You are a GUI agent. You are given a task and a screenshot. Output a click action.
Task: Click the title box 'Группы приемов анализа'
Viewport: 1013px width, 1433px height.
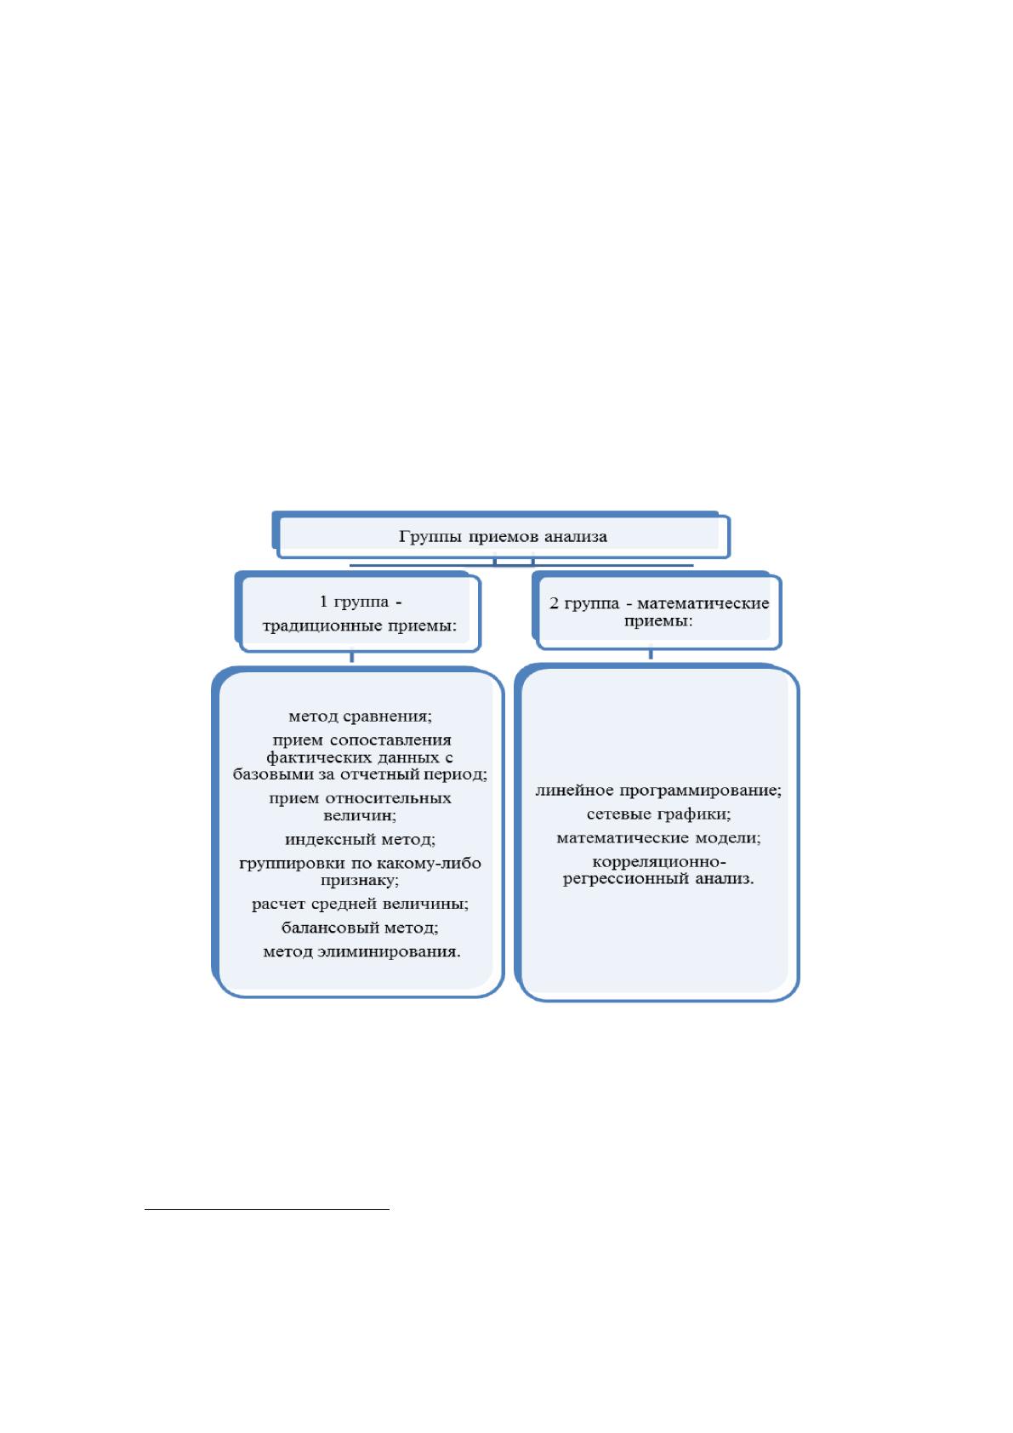(x=501, y=534)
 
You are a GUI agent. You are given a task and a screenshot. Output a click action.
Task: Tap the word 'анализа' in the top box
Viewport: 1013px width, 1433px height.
(x=576, y=536)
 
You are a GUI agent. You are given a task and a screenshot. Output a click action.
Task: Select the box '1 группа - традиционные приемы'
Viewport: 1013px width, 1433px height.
(x=358, y=612)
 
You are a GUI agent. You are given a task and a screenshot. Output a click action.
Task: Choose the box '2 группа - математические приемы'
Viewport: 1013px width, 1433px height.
(x=657, y=611)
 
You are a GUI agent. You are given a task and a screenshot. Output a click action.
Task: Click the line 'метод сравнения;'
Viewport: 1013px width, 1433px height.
(x=360, y=716)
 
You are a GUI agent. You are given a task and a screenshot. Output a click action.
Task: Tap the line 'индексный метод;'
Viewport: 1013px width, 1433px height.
(x=360, y=839)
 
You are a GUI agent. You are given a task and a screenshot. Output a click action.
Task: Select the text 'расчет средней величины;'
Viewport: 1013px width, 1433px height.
(x=360, y=904)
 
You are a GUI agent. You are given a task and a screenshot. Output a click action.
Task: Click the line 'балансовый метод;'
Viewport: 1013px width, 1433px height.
(x=360, y=928)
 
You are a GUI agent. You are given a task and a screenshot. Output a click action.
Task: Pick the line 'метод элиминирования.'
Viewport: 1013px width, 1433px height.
(x=362, y=952)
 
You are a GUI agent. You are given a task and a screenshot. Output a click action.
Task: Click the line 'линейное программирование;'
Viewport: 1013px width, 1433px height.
(x=658, y=790)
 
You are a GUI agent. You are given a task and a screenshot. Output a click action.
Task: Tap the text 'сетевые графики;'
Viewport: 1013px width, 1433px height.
(x=658, y=814)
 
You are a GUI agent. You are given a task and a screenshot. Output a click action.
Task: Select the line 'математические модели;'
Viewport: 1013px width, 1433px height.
(x=658, y=837)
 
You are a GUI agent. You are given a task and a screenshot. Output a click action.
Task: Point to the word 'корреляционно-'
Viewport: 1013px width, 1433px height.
(x=658, y=862)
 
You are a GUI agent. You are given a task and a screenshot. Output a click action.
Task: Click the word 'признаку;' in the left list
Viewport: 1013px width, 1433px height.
(x=360, y=881)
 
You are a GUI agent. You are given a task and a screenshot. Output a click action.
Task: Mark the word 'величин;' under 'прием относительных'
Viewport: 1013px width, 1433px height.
(x=360, y=816)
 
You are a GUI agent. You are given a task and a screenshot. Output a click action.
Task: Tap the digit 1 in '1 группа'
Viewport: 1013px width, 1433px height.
(x=323, y=602)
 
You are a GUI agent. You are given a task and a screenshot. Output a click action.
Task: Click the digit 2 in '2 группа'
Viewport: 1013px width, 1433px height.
(x=554, y=603)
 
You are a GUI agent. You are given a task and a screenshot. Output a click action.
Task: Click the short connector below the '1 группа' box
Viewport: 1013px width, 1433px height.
(x=352, y=657)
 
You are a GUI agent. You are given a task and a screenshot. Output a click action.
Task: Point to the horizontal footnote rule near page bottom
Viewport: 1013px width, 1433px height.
(x=267, y=1209)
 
